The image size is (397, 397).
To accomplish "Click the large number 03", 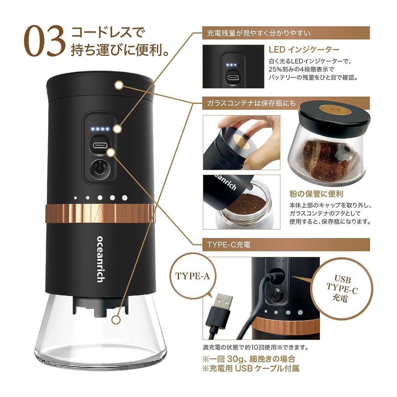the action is [45, 41].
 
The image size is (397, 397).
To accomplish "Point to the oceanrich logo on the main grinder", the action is [100, 259].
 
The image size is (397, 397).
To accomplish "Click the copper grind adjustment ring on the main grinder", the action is [100, 213].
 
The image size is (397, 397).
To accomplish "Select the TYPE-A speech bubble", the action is [193, 276].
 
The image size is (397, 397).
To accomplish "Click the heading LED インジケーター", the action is [304, 50].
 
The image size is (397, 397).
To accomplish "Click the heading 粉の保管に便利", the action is [316, 194].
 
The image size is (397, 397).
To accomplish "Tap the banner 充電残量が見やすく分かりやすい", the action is [286, 33].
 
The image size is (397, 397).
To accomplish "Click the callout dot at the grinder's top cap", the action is [119, 85].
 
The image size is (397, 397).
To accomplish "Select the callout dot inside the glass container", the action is [116, 320].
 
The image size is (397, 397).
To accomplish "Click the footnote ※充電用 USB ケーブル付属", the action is [251, 368].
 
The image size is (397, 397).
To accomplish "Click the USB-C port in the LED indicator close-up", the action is [233, 77].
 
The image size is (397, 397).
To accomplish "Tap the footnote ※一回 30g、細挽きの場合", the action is [249, 359].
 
